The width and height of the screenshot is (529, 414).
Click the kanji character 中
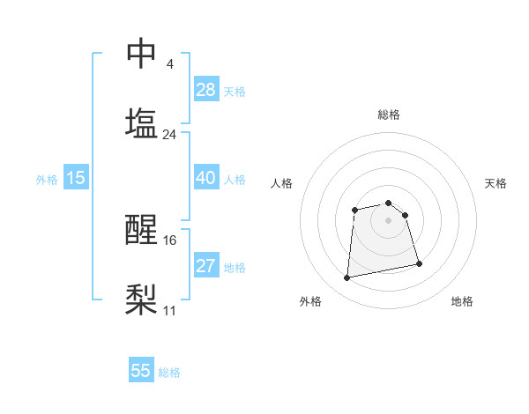(x=141, y=54)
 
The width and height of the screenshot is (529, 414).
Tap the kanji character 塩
(x=141, y=123)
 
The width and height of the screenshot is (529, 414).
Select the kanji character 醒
(x=141, y=230)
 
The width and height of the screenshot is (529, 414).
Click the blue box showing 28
(x=206, y=90)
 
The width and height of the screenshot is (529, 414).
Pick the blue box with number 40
(x=206, y=178)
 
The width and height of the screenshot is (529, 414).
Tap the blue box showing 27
(x=206, y=266)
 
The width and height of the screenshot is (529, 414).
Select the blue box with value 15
(x=76, y=178)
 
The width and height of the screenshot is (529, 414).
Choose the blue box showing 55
(x=141, y=371)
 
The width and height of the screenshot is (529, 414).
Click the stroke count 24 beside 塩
(x=169, y=135)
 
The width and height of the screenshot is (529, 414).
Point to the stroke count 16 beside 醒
(x=169, y=240)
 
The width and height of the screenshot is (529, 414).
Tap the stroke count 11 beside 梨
(x=169, y=310)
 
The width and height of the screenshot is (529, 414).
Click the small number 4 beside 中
(x=169, y=64)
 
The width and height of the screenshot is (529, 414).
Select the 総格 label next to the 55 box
(x=169, y=372)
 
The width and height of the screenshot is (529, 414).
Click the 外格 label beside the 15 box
(x=47, y=179)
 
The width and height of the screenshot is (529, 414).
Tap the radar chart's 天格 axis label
(x=495, y=183)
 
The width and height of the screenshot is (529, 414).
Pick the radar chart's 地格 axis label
(x=462, y=301)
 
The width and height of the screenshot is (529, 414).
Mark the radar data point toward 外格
(x=347, y=278)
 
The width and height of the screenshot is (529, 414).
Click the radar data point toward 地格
(x=419, y=263)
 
